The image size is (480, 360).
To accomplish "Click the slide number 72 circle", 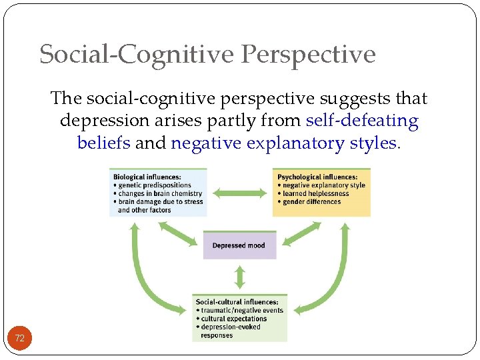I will point(20,339).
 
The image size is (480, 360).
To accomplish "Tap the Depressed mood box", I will point(239,245).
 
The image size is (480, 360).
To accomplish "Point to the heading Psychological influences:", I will point(316,177).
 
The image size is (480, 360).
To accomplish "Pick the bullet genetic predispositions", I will point(154,185).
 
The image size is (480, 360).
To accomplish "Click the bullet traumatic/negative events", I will point(242,311).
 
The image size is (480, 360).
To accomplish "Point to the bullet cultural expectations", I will point(233,319).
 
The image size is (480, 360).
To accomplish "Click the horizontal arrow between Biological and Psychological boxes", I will point(240,193).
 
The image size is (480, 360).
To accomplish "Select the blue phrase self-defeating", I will point(362,121).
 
